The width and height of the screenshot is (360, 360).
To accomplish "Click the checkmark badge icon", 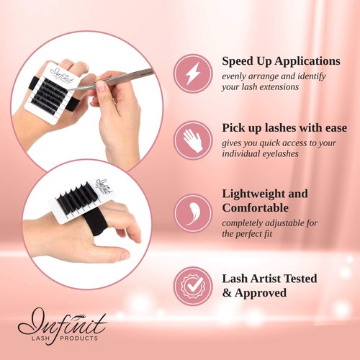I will coord(192,285).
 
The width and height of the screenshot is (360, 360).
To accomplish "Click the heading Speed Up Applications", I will coord(281,61).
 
